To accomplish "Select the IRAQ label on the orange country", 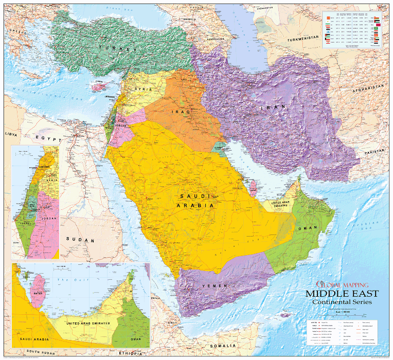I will (182, 111).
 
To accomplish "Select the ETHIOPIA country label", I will (130, 354).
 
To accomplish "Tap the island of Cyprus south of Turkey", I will (97, 85).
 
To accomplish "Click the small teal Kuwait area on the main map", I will (220, 149).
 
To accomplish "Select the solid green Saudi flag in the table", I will (377, 39).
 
